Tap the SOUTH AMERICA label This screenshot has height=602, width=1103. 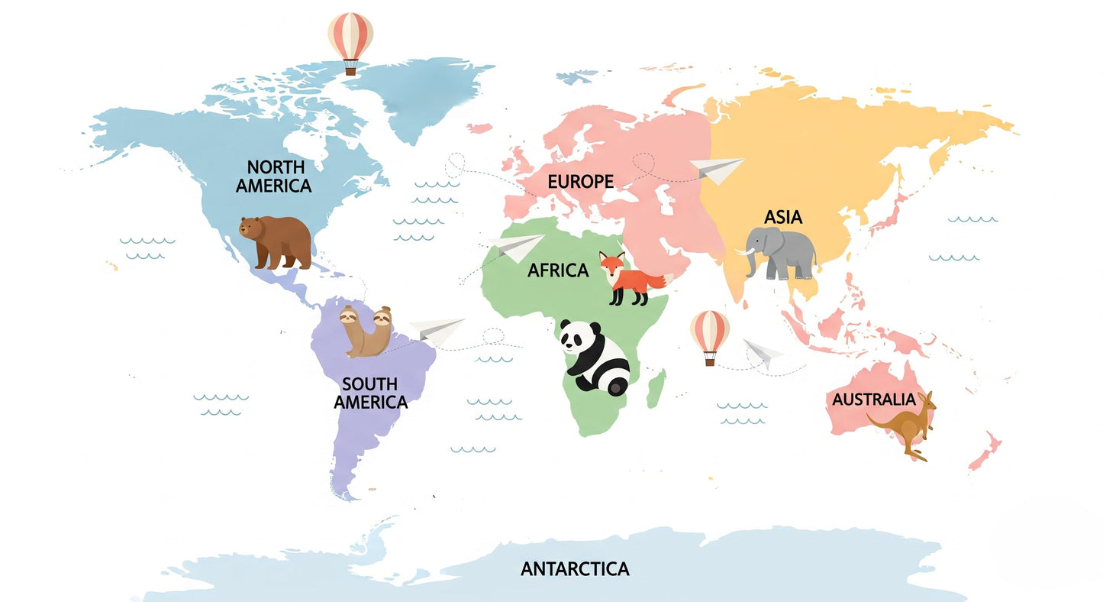click(370, 393)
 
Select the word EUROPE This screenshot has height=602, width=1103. click(580, 181)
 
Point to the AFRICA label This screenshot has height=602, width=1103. click(558, 270)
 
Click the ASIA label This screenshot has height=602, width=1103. click(783, 217)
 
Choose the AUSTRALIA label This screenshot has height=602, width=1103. click(873, 399)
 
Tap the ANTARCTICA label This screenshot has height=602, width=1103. click(575, 568)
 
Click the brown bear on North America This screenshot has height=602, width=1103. click(276, 241)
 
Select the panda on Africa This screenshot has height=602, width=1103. click(596, 358)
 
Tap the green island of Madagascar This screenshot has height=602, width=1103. click(656, 388)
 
